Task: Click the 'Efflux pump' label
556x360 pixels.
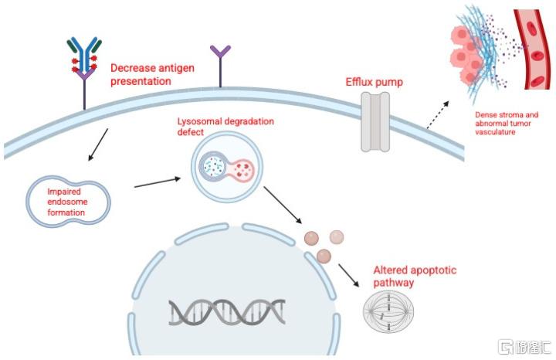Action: pos(374,83)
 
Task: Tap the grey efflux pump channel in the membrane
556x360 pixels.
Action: pos(375,121)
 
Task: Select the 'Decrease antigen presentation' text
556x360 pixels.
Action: pos(152,74)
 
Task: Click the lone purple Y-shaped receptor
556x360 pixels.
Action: pos(220,66)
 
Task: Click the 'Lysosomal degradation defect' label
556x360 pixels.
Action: pos(225,127)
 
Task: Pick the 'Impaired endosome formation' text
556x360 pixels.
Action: pos(67,202)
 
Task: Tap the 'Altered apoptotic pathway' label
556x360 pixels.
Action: pos(415,277)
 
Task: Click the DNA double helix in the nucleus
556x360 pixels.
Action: pos(227,312)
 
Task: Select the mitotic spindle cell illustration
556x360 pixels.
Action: pos(388,311)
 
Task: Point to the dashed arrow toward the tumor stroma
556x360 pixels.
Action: pos(438,114)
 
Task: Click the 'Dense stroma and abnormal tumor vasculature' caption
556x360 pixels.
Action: pos(507,124)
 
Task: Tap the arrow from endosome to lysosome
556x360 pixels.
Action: pos(158,182)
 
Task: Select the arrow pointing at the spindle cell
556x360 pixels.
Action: pos(348,275)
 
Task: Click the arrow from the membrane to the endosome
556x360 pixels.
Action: pos(98,144)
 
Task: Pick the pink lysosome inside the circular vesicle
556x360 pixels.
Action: pos(242,169)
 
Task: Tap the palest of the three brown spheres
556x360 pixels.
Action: pos(336,236)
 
